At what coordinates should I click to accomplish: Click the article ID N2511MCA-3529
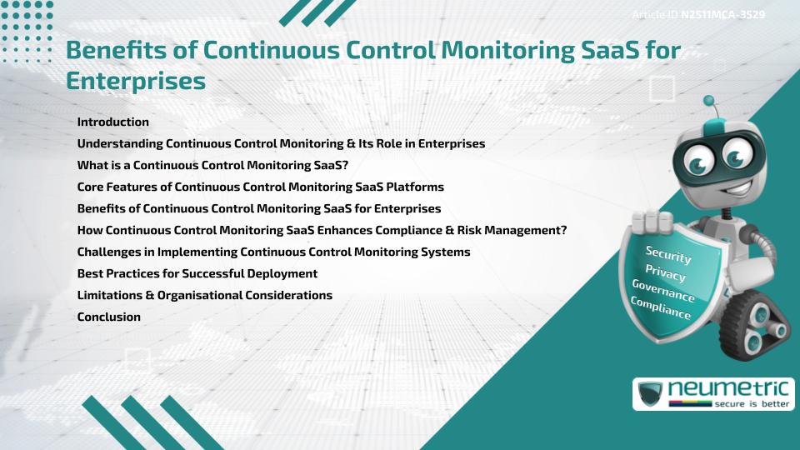click(x=722, y=15)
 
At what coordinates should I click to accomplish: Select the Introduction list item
click(x=112, y=122)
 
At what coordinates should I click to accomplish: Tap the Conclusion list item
click(x=108, y=317)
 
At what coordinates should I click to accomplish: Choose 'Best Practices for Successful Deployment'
click(x=197, y=273)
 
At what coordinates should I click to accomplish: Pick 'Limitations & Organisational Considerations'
click(x=204, y=295)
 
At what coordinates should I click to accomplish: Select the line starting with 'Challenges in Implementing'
click(x=273, y=252)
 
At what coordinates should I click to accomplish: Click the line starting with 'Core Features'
click(x=260, y=187)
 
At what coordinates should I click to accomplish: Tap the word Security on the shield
click(x=668, y=255)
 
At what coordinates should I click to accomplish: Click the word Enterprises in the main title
click(x=135, y=81)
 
